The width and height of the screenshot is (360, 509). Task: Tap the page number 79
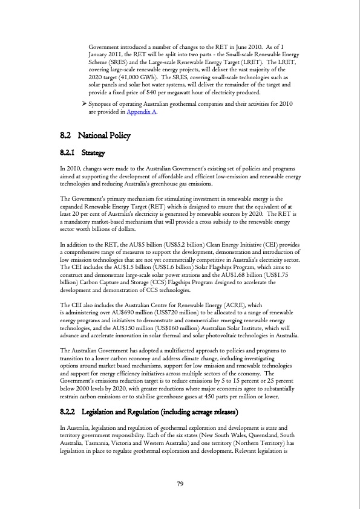click(x=180, y=483)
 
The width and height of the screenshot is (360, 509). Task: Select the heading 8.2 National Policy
click(x=96, y=135)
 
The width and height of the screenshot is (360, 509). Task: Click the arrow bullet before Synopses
click(x=84, y=105)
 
